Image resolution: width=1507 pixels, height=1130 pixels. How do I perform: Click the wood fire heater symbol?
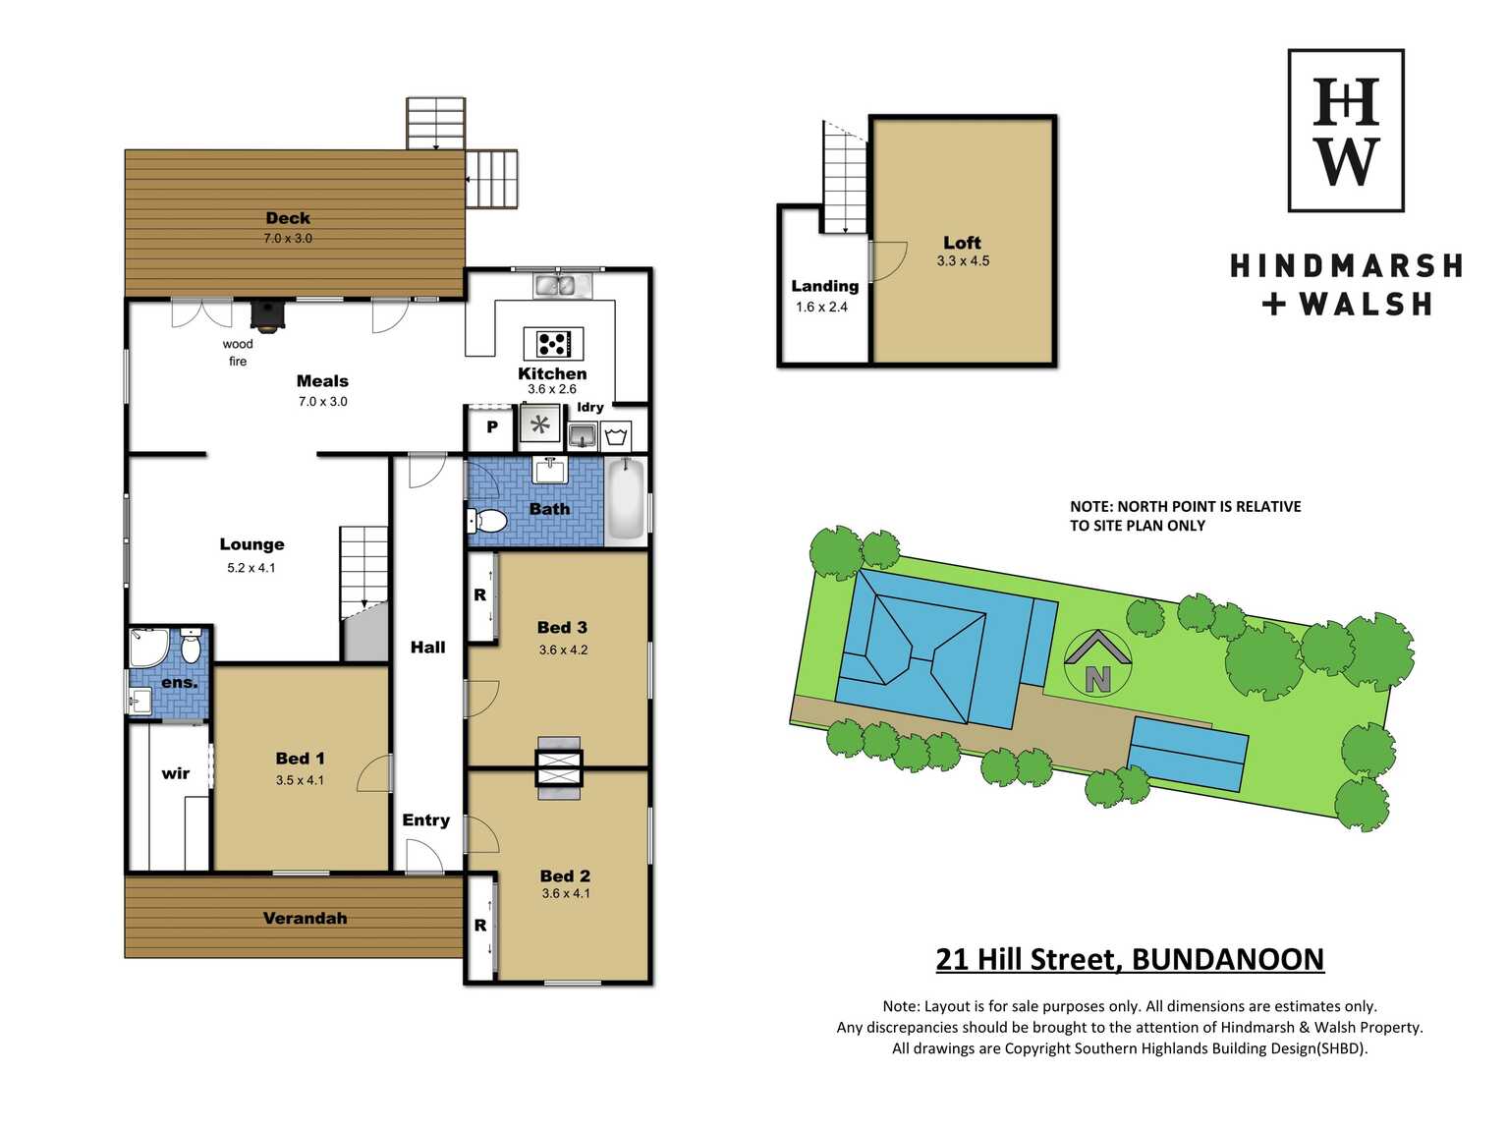tap(267, 315)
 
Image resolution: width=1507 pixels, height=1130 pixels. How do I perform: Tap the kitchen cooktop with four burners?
tap(553, 343)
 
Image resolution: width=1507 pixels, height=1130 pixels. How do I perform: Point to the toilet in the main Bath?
tap(487, 520)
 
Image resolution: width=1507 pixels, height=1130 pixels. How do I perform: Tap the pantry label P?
tap(491, 427)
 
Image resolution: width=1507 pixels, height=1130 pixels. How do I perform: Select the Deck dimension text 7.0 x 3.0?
tap(288, 238)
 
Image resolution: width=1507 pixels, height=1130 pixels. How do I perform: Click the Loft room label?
tap(962, 243)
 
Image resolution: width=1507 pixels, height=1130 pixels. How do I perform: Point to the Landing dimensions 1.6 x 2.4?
tap(821, 307)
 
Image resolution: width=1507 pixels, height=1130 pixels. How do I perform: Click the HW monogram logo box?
tap(1346, 130)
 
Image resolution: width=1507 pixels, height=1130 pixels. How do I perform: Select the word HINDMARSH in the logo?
tap(1346, 265)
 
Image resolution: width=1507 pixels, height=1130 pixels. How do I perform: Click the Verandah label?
tap(305, 918)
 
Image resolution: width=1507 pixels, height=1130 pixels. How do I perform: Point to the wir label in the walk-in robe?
tap(175, 773)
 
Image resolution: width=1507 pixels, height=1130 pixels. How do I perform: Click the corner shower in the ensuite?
tap(148, 647)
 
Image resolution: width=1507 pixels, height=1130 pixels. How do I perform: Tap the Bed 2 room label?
tap(565, 876)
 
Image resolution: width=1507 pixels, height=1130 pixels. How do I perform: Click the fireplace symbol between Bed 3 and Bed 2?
tap(559, 767)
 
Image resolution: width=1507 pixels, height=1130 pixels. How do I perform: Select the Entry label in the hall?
tap(425, 820)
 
